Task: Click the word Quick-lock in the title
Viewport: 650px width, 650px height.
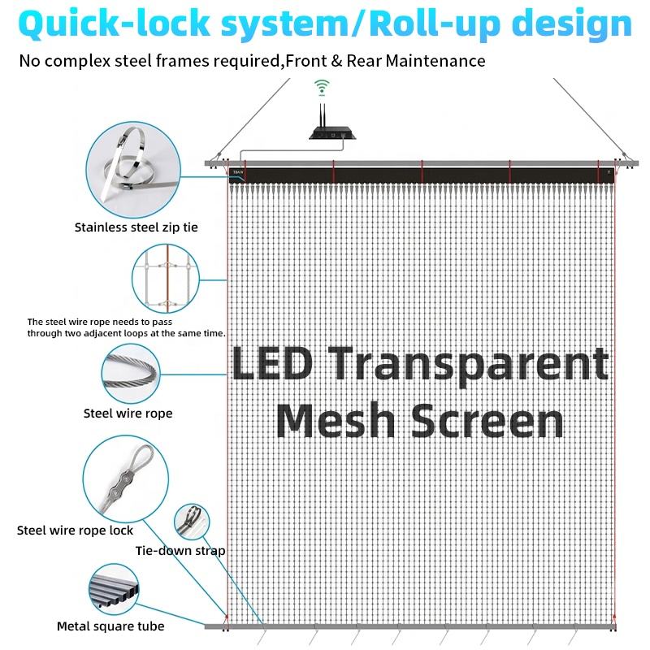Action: pyautogui.click(x=115, y=24)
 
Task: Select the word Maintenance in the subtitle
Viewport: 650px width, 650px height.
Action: pyautogui.click(x=435, y=61)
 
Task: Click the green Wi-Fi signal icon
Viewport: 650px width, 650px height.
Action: pyautogui.click(x=322, y=88)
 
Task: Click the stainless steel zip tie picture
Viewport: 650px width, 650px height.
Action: pyautogui.click(x=133, y=170)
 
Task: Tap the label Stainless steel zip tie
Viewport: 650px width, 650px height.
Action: pyautogui.click(x=136, y=227)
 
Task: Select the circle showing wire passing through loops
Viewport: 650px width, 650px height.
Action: pyautogui.click(x=166, y=278)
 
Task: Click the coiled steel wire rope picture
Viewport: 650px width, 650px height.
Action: pyautogui.click(x=131, y=373)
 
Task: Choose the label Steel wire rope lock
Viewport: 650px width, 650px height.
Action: pyautogui.click(x=75, y=531)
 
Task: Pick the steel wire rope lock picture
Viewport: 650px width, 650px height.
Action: pyautogui.click(x=126, y=479)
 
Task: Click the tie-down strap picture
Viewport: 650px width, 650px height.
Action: pyautogui.click(x=192, y=522)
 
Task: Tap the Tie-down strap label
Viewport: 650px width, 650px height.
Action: pyautogui.click(x=180, y=551)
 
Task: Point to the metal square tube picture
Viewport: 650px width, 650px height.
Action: pyautogui.click(x=114, y=588)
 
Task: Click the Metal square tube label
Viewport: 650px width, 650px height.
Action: pyautogui.click(x=110, y=626)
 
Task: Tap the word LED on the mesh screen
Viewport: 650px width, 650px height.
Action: pyautogui.click(x=272, y=363)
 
